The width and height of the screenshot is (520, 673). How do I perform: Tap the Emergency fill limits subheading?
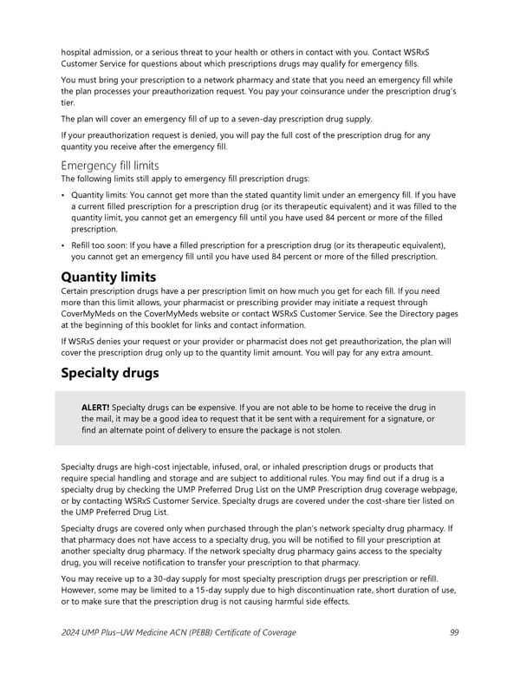tap(109, 165)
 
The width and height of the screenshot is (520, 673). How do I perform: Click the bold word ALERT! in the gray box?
tap(94, 408)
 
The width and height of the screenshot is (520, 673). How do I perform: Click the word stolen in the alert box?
tap(318, 431)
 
